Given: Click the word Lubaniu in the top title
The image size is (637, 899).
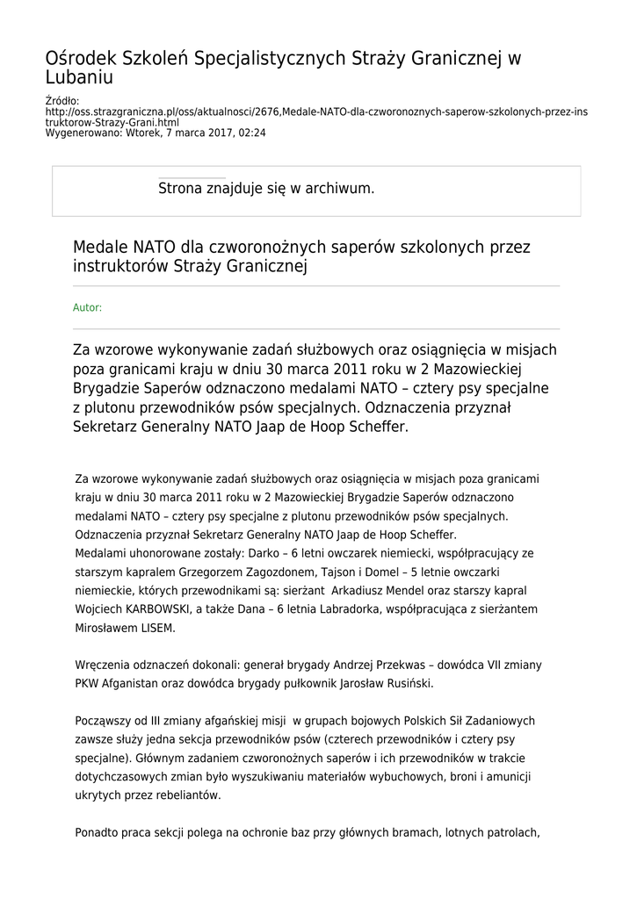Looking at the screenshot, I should pos(79,77).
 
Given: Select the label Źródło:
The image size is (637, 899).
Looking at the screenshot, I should pos(62,102).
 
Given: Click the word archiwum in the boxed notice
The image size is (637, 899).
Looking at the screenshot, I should pos(337,188).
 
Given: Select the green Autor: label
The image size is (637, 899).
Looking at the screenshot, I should pos(87,307).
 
